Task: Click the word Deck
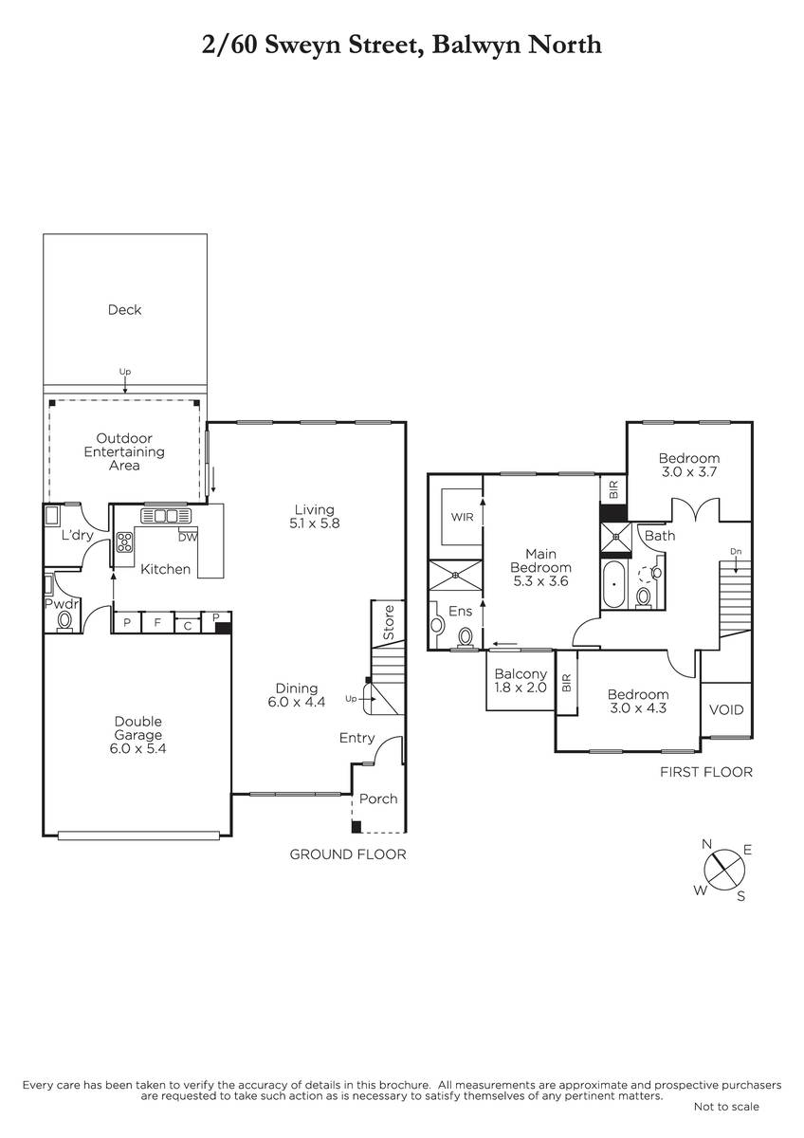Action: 124,310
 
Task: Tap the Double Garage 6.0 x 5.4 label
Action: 137,735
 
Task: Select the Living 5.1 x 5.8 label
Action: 315,516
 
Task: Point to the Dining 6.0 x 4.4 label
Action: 297,695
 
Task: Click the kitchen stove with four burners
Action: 125,541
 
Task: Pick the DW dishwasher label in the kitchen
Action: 188,537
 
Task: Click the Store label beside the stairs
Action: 389,622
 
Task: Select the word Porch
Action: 378,798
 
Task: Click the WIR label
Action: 462,517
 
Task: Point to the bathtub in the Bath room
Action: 615,584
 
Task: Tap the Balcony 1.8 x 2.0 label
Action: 521,681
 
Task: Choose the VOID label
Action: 726,709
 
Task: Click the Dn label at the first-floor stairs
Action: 736,551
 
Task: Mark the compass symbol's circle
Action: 724,870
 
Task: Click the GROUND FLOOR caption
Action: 348,854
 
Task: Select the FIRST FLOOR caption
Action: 706,772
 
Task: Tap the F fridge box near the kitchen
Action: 157,622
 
